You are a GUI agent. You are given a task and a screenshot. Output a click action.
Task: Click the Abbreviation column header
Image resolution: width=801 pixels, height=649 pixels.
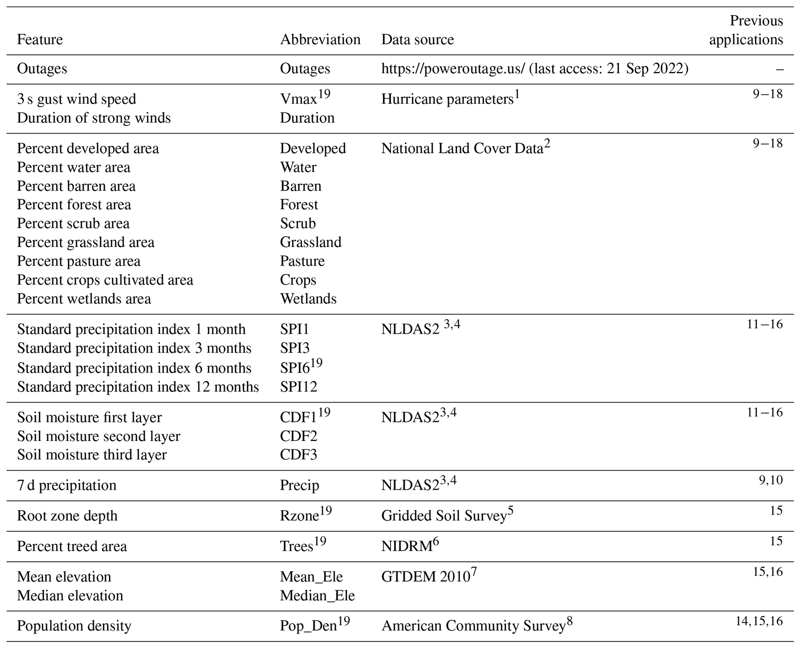(x=320, y=40)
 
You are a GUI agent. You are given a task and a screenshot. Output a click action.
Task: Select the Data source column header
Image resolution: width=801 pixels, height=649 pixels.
(x=417, y=40)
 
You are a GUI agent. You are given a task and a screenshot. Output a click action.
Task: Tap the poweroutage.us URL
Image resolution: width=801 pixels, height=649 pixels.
(x=453, y=69)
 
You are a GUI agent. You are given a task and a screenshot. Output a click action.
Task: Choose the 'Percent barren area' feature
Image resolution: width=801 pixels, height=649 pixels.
(x=76, y=186)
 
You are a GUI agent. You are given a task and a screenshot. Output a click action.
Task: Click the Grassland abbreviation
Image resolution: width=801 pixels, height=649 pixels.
(x=311, y=242)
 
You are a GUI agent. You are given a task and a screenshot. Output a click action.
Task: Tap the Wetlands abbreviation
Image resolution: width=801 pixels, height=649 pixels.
(x=308, y=299)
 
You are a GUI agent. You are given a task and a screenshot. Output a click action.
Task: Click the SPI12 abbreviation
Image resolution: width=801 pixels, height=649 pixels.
(x=298, y=387)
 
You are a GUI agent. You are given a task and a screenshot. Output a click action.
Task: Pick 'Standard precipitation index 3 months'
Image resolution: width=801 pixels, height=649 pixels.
(x=134, y=348)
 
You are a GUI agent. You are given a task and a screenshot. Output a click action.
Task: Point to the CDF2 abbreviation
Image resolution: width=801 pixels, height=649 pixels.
(x=298, y=436)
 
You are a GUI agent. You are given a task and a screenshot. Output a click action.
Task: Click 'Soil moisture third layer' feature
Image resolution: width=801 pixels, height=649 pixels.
(x=92, y=454)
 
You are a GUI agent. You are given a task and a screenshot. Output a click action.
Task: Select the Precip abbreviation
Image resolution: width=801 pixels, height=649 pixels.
(x=300, y=485)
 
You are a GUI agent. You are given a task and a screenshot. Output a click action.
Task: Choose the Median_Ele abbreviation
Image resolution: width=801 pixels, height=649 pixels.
(x=317, y=596)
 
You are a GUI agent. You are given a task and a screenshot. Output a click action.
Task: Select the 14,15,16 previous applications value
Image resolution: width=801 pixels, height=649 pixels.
(x=759, y=621)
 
